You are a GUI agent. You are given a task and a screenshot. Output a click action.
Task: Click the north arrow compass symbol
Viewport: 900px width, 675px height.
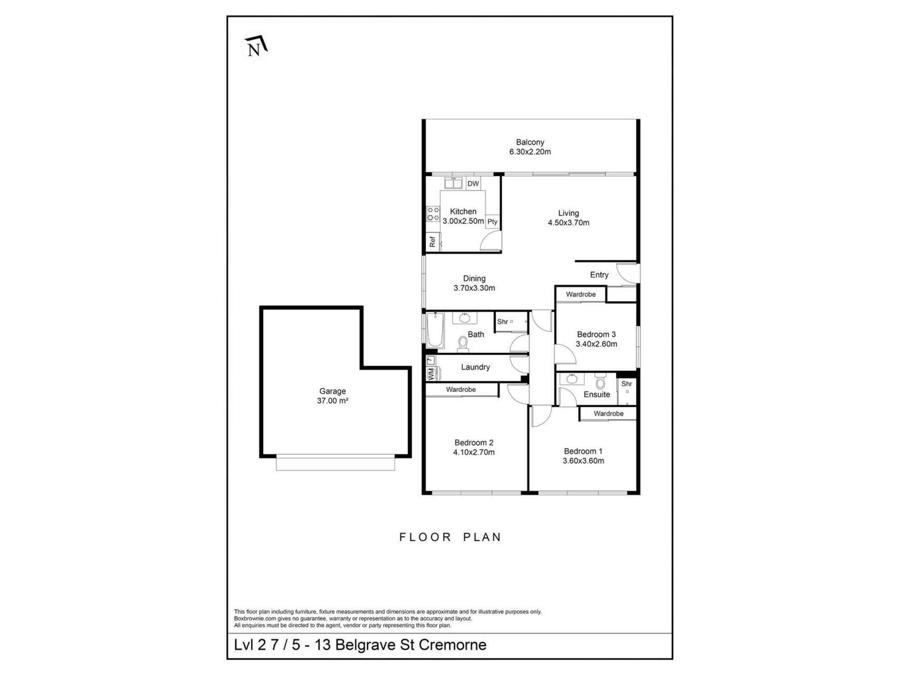pyautogui.click(x=256, y=46)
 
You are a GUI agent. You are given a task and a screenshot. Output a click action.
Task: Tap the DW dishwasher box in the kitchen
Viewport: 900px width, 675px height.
pyautogui.click(x=473, y=184)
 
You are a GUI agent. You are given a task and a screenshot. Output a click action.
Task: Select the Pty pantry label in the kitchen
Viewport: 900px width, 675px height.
pyautogui.click(x=492, y=221)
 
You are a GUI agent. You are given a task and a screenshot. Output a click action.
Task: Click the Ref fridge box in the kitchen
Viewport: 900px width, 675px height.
pyautogui.click(x=432, y=242)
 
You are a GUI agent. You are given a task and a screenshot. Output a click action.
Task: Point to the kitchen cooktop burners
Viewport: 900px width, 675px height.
pyautogui.click(x=433, y=214)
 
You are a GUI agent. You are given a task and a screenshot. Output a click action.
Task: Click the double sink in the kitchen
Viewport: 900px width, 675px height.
pyautogui.click(x=453, y=183)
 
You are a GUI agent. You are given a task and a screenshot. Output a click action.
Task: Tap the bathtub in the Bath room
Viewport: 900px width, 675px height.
pyautogui.click(x=435, y=330)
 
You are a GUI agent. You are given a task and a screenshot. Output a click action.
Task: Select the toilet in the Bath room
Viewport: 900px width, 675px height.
pyautogui.click(x=463, y=344)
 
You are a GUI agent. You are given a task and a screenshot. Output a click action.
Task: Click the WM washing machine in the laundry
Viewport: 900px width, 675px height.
pyautogui.click(x=431, y=374)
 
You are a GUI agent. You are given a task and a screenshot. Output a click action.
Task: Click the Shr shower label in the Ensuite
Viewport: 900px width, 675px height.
pyautogui.click(x=626, y=384)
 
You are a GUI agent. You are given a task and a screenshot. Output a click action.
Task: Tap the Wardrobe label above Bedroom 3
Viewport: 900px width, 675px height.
pyautogui.click(x=580, y=294)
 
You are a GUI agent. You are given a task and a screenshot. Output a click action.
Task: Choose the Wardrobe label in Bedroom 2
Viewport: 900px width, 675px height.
pyautogui.click(x=461, y=389)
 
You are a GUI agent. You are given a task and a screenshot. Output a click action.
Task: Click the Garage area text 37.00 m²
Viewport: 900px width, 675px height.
pyautogui.click(x=333, y=400)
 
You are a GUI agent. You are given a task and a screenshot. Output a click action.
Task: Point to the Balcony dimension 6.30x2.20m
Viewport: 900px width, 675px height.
pyautogui.click(x=530, y=152)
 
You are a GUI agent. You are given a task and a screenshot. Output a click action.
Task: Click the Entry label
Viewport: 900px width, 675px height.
pyautogui.click(x=599, y=275)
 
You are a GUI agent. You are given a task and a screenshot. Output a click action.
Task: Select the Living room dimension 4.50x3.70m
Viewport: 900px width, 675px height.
pyautogui.click(x=568, y=222)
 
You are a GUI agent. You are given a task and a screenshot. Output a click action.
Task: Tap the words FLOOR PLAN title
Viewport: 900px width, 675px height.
pyautogui.click(x=450, y=537)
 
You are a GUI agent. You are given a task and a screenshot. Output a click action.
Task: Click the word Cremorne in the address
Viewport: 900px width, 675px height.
pyautogui.click(x=453, y=645)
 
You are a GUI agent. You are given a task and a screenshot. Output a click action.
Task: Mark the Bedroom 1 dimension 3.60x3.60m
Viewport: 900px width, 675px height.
pyautogui.click(x=583, y=460)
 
